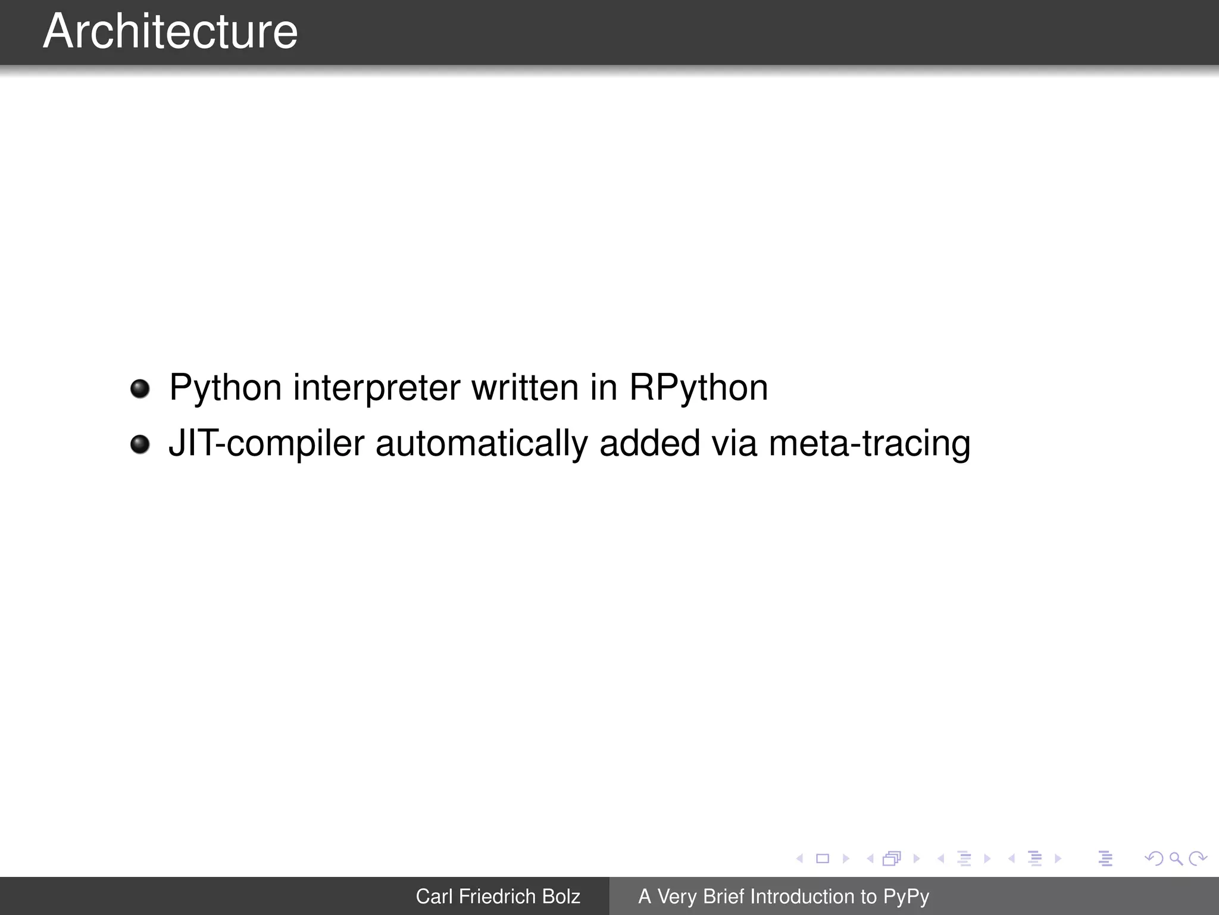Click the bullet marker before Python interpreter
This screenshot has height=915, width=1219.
click(140, 389)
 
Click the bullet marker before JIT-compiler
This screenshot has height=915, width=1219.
click(140, 444)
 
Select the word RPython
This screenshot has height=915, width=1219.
click(698, 388)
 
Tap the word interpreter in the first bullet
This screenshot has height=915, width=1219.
click(376, 388)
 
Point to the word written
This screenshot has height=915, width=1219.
click(524, 387)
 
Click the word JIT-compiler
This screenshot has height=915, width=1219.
click(266, 444)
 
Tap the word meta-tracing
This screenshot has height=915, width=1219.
click(869, 443)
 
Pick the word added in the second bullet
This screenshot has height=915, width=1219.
click(649, 443)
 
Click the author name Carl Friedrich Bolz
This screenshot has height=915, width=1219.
click(498, 897)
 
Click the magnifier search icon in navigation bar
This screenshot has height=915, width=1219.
click(1176, 858)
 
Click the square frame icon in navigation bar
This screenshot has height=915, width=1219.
click(823, 858)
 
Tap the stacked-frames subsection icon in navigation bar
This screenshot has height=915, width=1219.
click(892, 858)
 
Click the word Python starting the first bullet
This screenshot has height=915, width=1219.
click(225, 388)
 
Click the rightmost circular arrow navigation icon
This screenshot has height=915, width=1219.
click(1197, 858)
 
